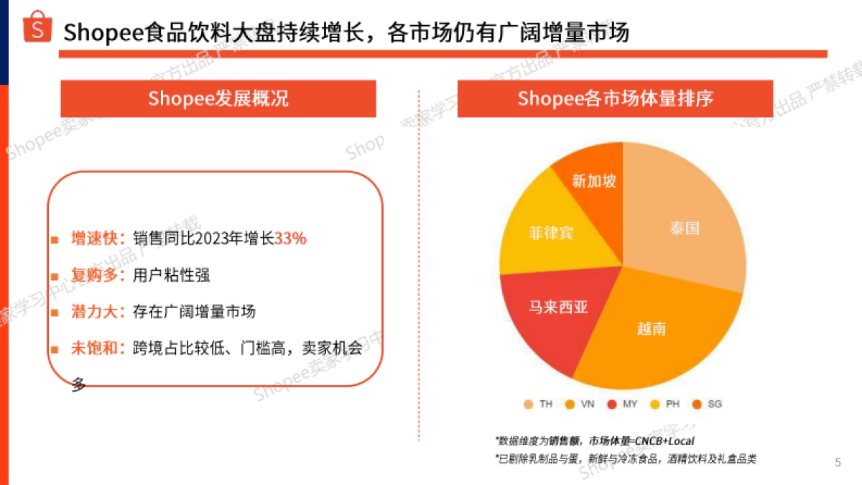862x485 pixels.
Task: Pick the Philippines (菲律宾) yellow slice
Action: pyautogui.click(x=550, y=234)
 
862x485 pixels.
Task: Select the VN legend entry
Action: pyautogui.click(x=581, y=405)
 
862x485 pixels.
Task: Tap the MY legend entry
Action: pyautogui.click(x=623, y=405)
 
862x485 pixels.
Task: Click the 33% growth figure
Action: pyautogui.click(x=290, y=239)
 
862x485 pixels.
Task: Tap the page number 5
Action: pyautogui.click(x=837, y=462)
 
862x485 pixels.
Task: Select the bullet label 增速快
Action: pyautogui.click(x=98, y=239)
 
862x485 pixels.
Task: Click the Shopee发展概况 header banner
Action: pyautogui.click(x=218, y=98)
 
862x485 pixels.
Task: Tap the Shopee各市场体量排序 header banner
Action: pyautogui.click(x=615, y=98)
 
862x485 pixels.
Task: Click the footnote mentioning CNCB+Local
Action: pyautogui.click(x=595, y=440)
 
